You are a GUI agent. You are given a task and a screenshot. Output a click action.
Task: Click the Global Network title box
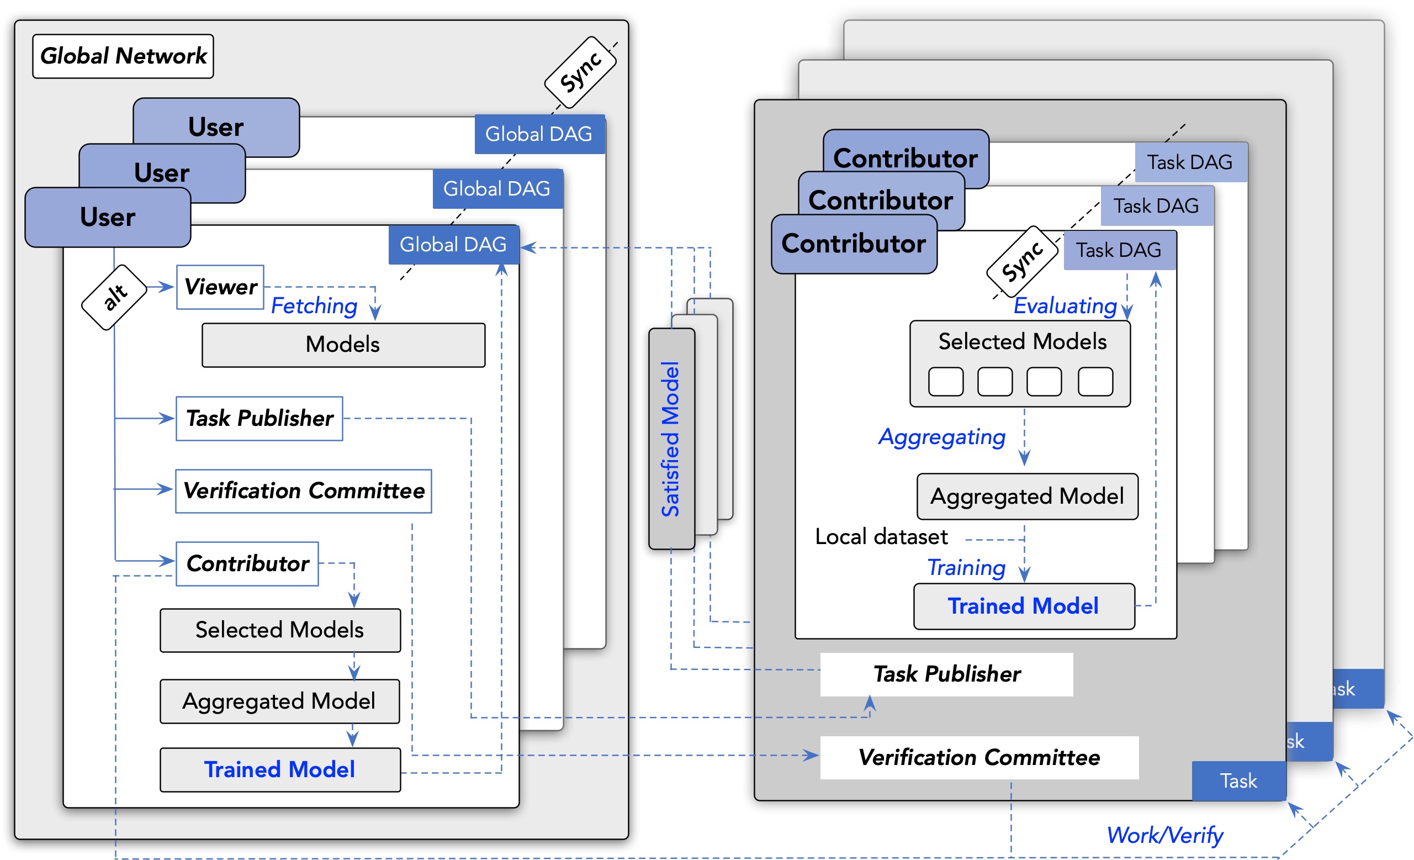tap(123, 56)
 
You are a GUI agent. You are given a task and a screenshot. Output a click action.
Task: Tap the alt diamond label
tap(114, 297)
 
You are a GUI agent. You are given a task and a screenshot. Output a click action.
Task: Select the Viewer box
tap(220, 287)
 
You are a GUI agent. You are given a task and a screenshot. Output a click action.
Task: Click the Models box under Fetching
tap(343, 345)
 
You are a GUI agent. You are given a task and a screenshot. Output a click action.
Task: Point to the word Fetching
tap(314, 306)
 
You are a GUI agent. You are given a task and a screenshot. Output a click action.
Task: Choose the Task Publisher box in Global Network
tap(260, 419)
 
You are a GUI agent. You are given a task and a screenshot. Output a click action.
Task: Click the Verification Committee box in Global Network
tap(304, 491)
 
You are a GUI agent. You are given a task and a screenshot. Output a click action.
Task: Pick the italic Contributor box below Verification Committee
tap(247, 564)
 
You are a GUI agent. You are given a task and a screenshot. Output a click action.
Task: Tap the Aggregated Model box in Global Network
tap(279, 701)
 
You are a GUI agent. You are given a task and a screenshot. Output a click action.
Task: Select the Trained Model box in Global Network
tap(280, 770)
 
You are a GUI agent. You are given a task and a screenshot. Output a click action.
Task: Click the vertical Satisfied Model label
tap(671, 439)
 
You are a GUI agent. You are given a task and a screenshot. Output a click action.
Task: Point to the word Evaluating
tap(1065, 306)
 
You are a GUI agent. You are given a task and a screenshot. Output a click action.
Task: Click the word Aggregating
tap(942, 437)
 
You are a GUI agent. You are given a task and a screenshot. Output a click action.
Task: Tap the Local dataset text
tap(881, 537)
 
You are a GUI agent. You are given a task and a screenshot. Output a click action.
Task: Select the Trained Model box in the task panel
tap(1024, 606)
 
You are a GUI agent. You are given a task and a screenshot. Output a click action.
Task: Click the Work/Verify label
tap(1165, 835)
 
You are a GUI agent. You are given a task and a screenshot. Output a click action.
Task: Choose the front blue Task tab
tap(1238, 781)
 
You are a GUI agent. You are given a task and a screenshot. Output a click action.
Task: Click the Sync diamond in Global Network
tap(581, 72)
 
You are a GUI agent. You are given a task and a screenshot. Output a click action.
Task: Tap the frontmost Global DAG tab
tap(453, 245)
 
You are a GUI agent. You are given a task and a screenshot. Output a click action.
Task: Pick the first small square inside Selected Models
tap(946, 382)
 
